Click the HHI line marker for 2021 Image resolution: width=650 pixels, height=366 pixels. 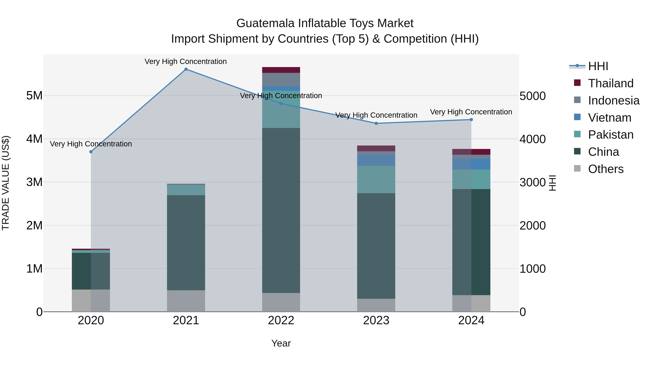(x=186, y=69)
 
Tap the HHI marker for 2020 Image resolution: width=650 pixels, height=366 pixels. (x=91, y=152)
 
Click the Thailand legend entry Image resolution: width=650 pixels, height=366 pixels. (x=610, y=83)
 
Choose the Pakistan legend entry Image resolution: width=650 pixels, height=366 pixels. (x=610, y=135)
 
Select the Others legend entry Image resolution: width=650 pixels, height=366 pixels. (x=605, y=169)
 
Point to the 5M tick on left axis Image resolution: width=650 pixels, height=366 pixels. (x=34, y=96)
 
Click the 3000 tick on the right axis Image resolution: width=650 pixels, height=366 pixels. (x=532, y=182)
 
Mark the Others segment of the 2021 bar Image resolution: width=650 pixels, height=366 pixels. (x=186, y=301)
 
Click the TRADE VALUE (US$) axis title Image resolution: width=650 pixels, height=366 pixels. (x=6, y=183)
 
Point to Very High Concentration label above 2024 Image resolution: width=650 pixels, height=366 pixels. (x=471, y=112)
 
